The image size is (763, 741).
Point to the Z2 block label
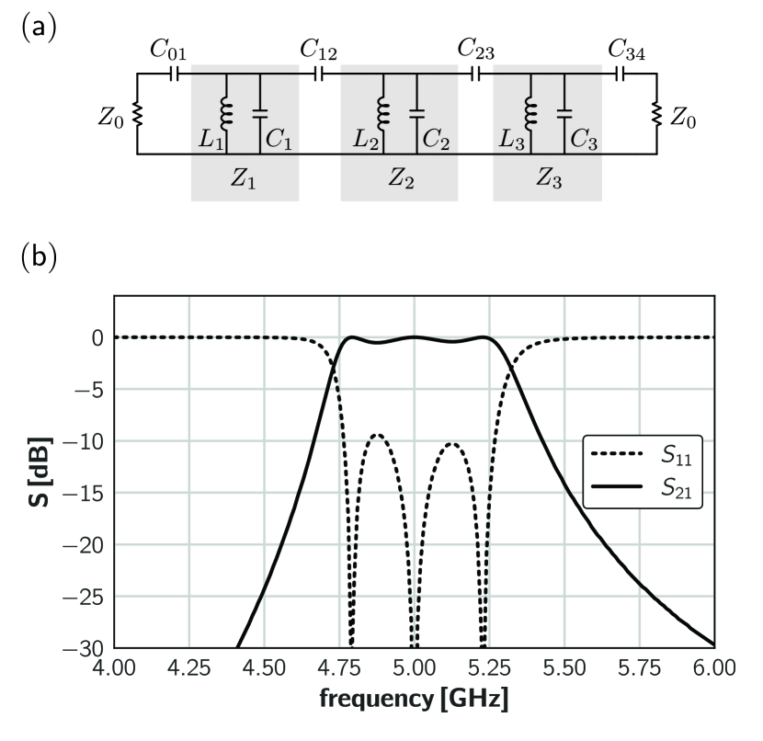399,179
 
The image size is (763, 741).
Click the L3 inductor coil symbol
529,112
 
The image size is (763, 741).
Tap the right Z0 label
683,116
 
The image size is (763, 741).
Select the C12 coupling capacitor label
319,51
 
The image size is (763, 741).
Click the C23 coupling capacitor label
476,51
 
